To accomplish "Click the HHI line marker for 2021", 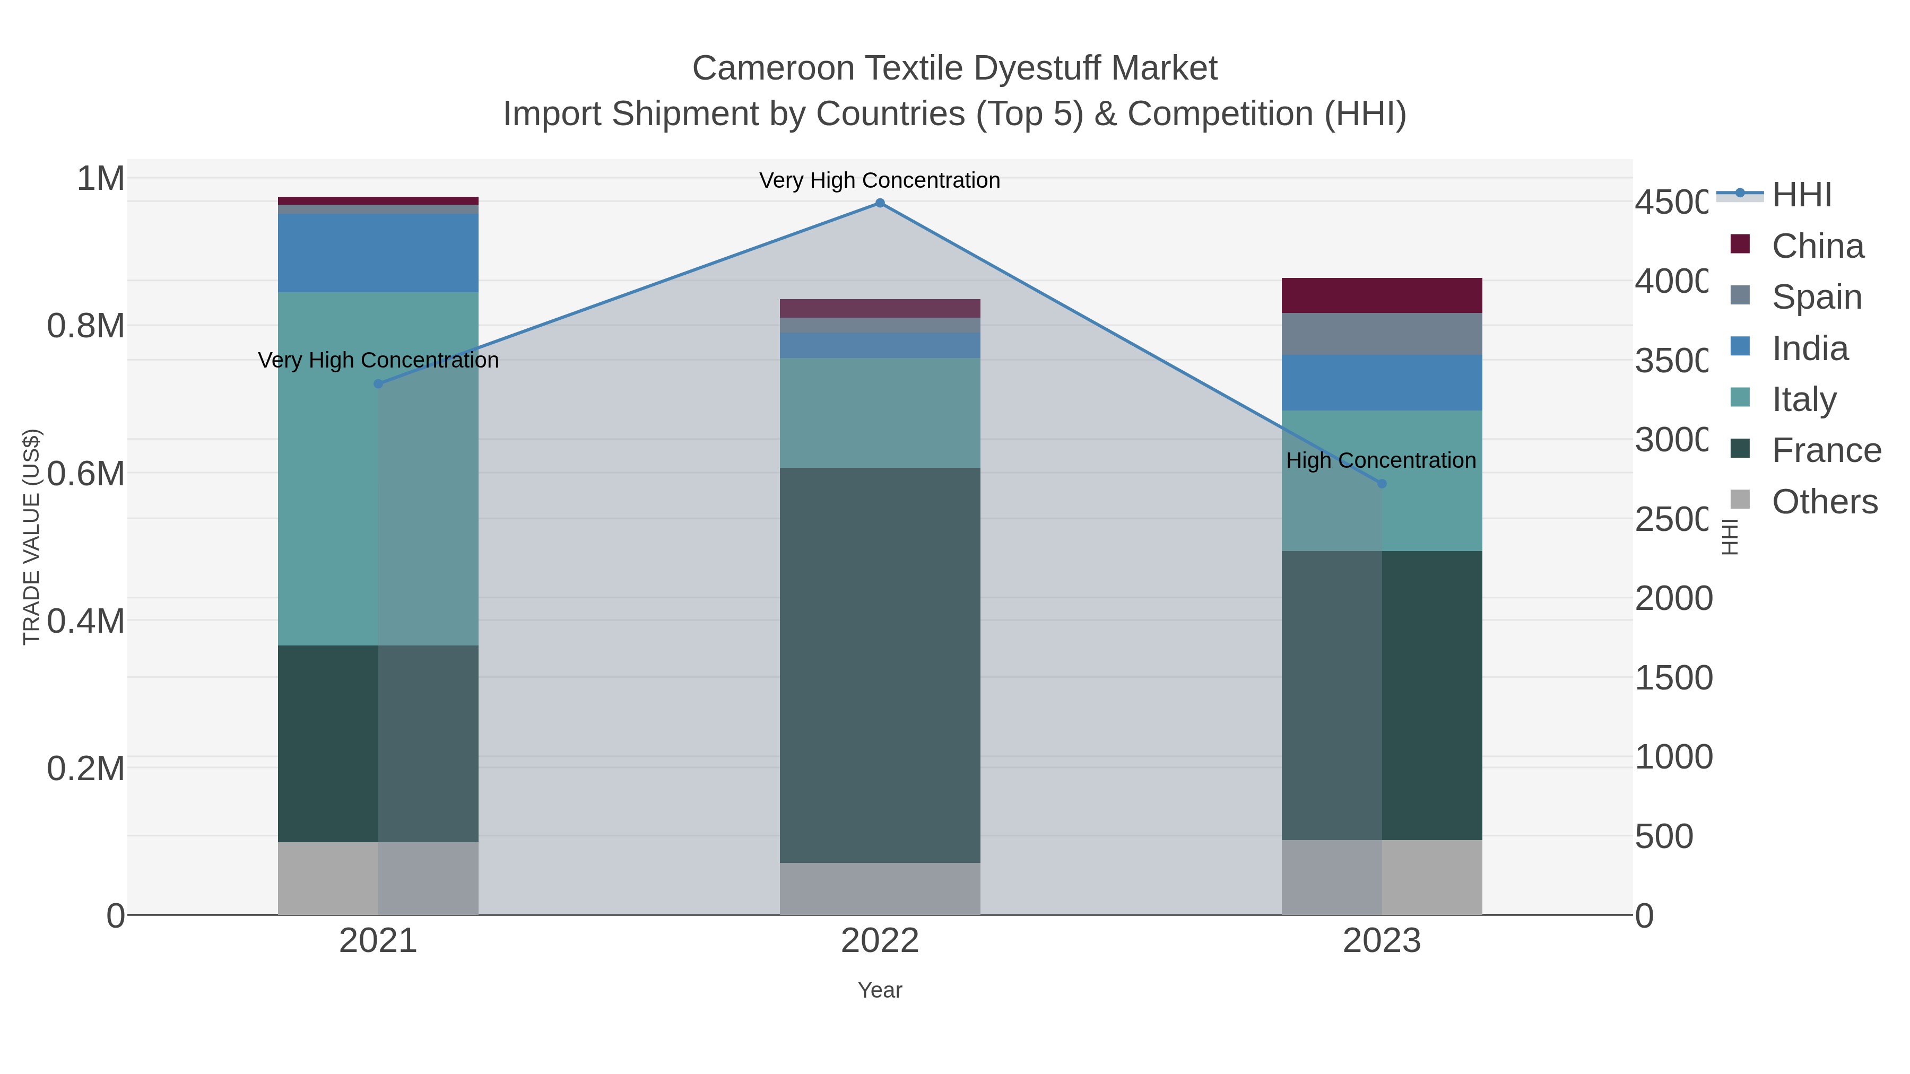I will [378, 384].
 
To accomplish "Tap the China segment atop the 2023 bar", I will [1382, 295].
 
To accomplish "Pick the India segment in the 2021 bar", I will [378, 253].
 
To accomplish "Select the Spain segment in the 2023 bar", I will [1382, 334].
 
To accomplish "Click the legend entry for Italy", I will [1803, 399].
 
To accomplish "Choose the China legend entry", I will [1817, 246].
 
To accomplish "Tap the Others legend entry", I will [1824, 502].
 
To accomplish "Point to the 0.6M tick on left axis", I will [85, 474].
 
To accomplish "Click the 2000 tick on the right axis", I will [1673, 598].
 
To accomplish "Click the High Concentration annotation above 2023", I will [1381, 460].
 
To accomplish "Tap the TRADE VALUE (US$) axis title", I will [31, 537].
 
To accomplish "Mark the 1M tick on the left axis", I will [100, 179].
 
